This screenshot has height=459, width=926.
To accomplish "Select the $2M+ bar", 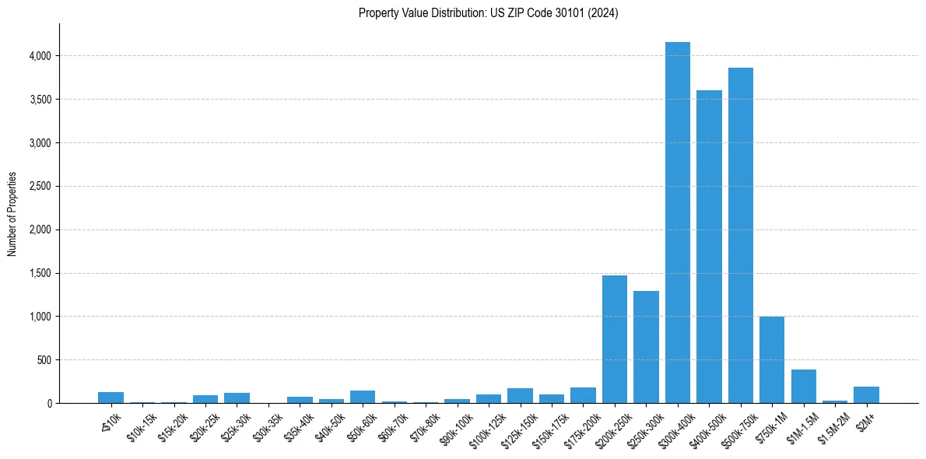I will tap(866, 395).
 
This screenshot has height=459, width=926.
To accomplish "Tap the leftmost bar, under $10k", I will tap(110, 398).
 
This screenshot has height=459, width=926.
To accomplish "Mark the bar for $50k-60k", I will tap(363, 397).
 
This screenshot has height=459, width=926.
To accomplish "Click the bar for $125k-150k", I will tap(520, 395).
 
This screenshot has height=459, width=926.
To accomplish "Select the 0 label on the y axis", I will tap(49, 404).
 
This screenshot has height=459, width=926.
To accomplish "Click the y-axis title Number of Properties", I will tap(12, 214).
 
